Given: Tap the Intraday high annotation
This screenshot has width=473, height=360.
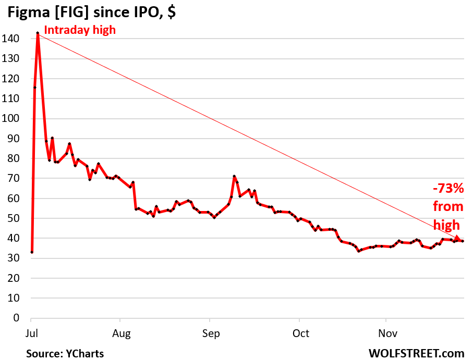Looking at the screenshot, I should pyautogui.click(x=79, y=30).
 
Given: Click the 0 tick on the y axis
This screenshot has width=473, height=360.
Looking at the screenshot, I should pyautogui.click(x=16, y=318).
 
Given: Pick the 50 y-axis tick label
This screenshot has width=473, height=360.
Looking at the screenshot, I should pyautogui.click(x=14, y=218).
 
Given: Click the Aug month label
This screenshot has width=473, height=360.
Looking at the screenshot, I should pyautogui.click(x=120, y=333).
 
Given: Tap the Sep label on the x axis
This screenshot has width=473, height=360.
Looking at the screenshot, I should pyautogui.click(x=210, y=333).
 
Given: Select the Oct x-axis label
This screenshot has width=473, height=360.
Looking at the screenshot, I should pyautogui.click(x=300, y=333).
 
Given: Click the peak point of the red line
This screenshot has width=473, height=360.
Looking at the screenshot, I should pyautogui.click(x=38, y=33).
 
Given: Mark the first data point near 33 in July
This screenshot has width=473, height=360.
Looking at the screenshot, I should pyautogui.click(x=32, y=252).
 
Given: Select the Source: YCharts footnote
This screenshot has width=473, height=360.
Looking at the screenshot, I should pyautogui.click(x=65, y=353).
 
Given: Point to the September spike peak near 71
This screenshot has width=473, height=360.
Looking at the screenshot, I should pyautogui.click(x=234, y=177).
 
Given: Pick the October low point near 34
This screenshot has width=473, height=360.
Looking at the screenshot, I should pyautogui.click(x=359, y=251).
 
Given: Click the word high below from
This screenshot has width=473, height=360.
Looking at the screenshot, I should pyautogui.click(x=447, y=225).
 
